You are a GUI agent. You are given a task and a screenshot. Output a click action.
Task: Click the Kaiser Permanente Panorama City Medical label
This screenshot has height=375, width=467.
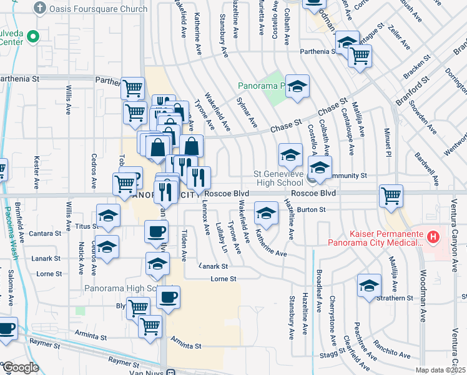pyautogui.click(x=375, y=242)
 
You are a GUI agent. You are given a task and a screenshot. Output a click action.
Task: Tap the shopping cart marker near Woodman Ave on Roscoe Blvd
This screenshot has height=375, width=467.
pyautogui.click(x=391, y=196)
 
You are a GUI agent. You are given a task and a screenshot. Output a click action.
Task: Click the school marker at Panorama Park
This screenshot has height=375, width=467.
pyautogui.click(x=298, y=86)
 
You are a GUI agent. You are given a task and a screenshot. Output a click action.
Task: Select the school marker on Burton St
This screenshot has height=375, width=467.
pyautogui.click(x=266, y=212)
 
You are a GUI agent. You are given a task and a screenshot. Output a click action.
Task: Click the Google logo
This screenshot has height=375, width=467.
pyautogui.click(x=20, y=367)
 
